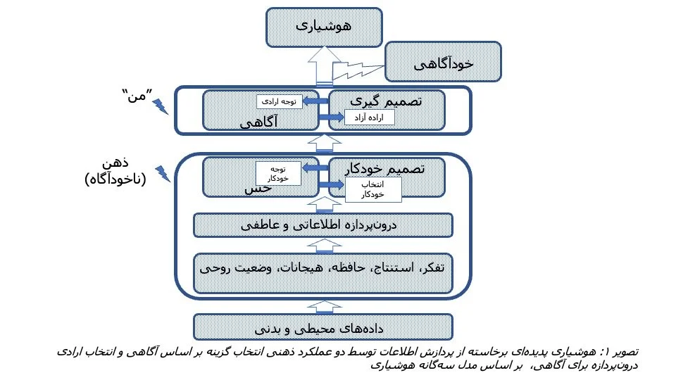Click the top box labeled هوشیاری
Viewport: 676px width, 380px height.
coord(323,27)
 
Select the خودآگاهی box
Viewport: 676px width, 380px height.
coord(443,63)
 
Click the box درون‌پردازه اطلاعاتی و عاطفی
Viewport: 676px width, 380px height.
coord(323,225)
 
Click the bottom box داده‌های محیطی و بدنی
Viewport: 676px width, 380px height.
coord(323,327)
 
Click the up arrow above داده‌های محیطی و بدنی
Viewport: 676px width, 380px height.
coord(323,305)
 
